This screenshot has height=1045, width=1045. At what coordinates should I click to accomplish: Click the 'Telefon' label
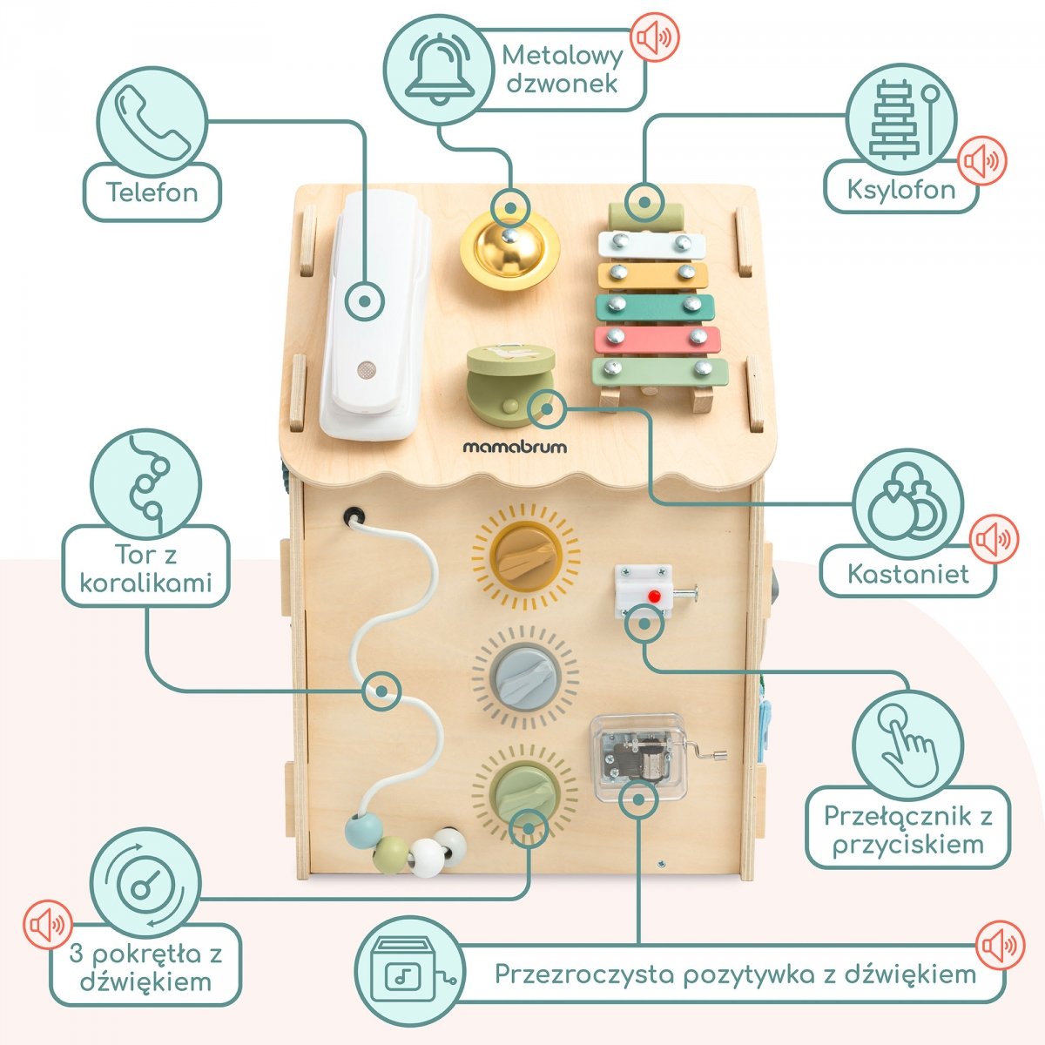152,192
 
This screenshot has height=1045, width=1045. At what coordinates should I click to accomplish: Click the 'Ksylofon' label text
901,189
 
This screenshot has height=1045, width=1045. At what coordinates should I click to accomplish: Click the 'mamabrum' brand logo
514,447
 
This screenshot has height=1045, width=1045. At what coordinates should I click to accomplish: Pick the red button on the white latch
653,597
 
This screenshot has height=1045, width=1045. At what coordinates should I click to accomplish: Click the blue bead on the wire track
359,832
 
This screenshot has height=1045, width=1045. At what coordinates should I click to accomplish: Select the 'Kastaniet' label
908,573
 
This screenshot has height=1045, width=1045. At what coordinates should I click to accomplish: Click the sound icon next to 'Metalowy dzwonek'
654,37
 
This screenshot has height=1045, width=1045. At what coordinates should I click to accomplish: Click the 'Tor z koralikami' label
145,567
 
